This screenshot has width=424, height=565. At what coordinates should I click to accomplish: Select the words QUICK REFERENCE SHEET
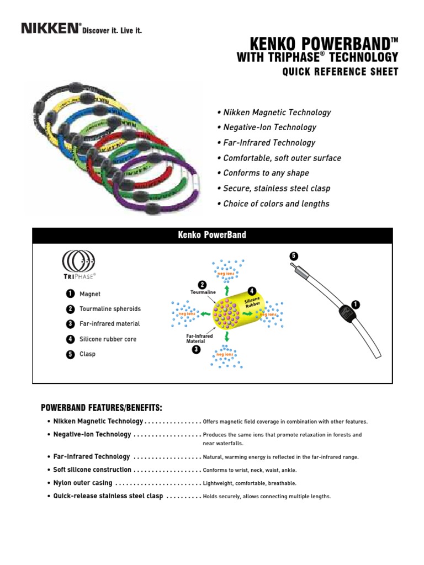pyautogui.click(x=340, y=72)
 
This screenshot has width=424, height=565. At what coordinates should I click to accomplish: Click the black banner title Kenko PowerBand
pyautogui.click(x=213, y=235)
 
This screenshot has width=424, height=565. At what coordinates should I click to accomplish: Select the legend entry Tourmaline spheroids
pyautogui.click(x=110, y=309)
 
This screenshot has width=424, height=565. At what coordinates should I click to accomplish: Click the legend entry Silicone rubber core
pyautogui.click(x=108, y=339)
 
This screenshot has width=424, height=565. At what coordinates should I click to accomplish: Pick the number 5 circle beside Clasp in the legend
pyautogui.click(x=70, y=354)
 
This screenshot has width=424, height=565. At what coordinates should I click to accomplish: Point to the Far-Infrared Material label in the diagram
pyautogui.click(x=199, y=338)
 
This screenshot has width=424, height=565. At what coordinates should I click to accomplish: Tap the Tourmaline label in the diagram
pyautogui.click(x=203, y=292)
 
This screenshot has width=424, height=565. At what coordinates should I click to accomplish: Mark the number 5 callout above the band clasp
pyautogui.click(x=293, y=256)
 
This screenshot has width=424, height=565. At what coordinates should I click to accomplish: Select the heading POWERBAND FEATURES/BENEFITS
pyautogui.click(x=102, y=408)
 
